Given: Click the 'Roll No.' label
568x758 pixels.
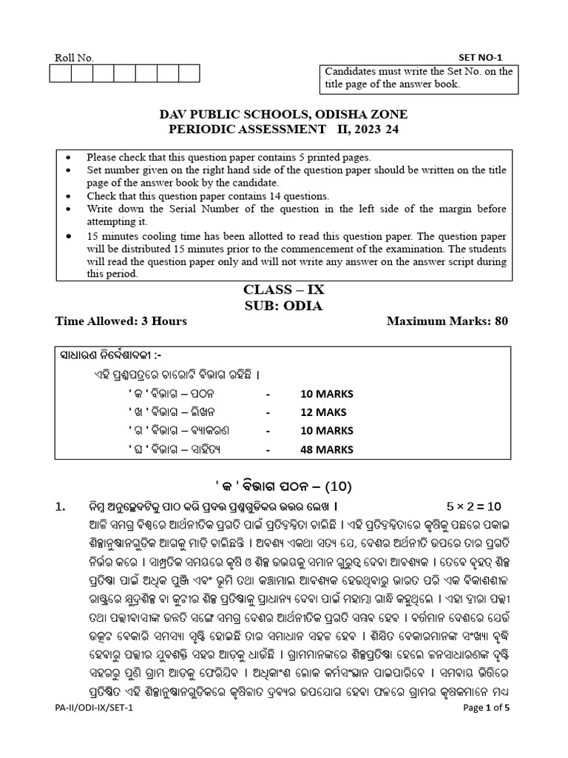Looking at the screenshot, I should [x=75, y=58].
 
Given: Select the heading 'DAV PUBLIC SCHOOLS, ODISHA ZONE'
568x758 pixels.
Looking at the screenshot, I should [x=284, y=115].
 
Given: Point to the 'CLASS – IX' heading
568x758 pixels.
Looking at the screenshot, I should [x=284, y=290].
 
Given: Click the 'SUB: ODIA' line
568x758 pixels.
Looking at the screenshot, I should [x=284, y=306].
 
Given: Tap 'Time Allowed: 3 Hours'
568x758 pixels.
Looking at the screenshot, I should [x=121, y=321].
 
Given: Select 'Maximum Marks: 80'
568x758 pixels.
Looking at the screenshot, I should [x=447, y=321].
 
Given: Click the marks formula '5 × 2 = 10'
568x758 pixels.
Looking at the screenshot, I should [x=474, y=506].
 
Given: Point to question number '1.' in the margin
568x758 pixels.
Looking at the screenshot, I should [x=61, y=506].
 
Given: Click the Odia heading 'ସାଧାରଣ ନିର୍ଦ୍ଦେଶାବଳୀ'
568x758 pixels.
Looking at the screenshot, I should [x=110, y=355].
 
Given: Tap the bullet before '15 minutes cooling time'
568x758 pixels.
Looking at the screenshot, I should [x=69, y=236].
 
